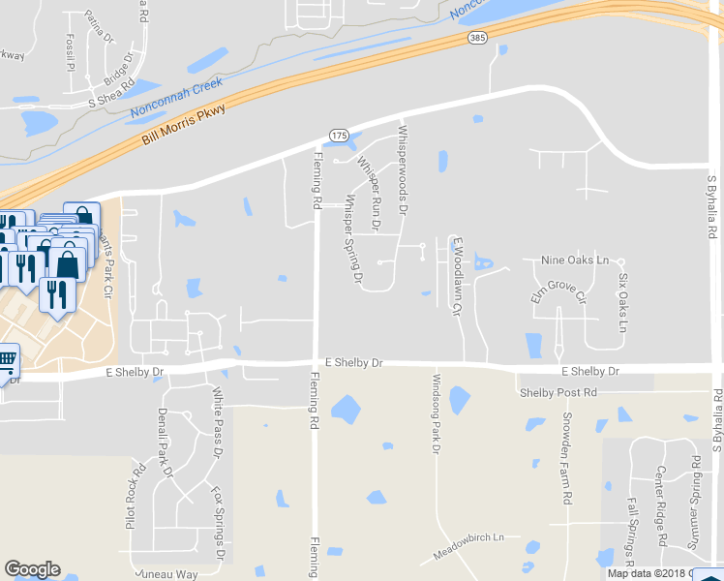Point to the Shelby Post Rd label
[x=558, y=392]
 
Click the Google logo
[x=32, y=569]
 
